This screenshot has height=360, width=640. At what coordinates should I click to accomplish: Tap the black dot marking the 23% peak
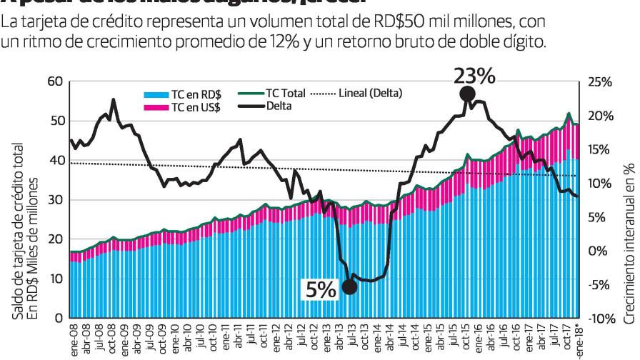(468, 94)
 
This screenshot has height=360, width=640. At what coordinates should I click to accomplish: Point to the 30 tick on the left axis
(55, 200)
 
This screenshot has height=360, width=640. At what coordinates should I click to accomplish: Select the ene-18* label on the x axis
(579, 339)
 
